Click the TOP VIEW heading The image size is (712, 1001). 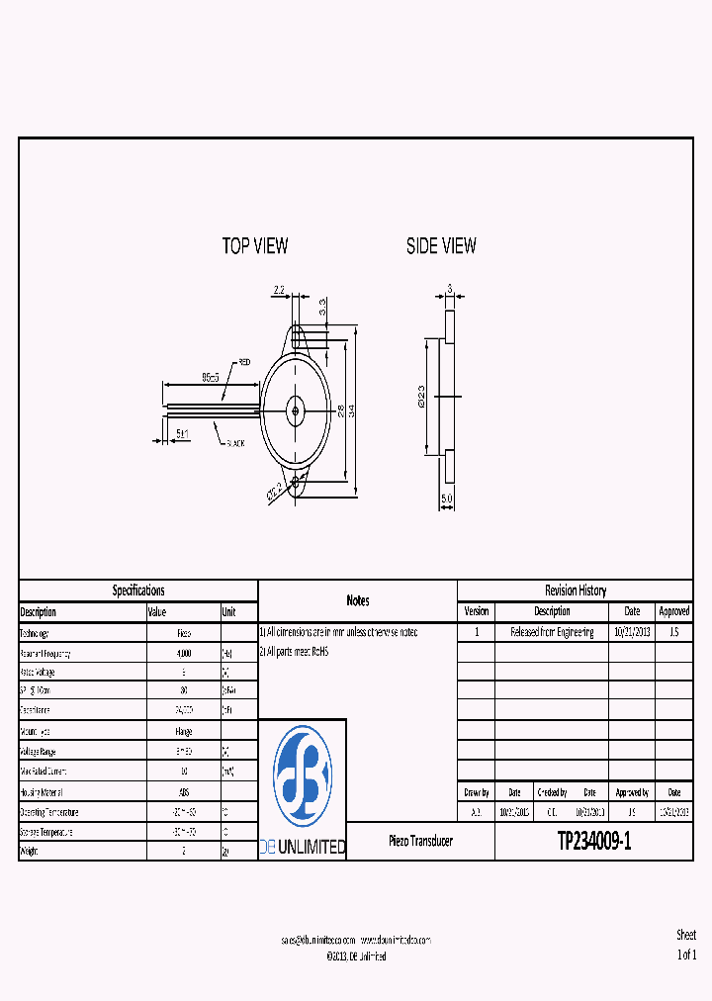click(x=255, y=246)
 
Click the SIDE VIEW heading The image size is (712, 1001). click(x=441, y=246)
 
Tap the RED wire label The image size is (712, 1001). click(x=243, y=362)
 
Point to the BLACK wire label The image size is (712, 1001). click(x=234, y=443)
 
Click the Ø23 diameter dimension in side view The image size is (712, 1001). click(x=421, y=397)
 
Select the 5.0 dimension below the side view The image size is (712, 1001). click(x=447, y=499)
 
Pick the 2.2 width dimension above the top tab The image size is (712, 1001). click(x=279, y=291)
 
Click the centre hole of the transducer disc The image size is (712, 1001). click(x=294, y=409)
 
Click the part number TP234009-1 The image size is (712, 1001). click(x=593, y=842)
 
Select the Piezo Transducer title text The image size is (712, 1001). click(x=420, y=841)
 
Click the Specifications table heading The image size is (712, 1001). click(x=138, y=591)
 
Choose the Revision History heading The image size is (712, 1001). click(x=575, y=591)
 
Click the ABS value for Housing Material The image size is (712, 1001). click(x=184, y=792)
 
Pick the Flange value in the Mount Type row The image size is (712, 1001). click(x=184, y=731)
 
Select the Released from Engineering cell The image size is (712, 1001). click(x=552, y=632)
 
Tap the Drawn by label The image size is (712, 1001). click(x=476, y=792)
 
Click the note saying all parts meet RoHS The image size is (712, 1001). click(x=294, y=652)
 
